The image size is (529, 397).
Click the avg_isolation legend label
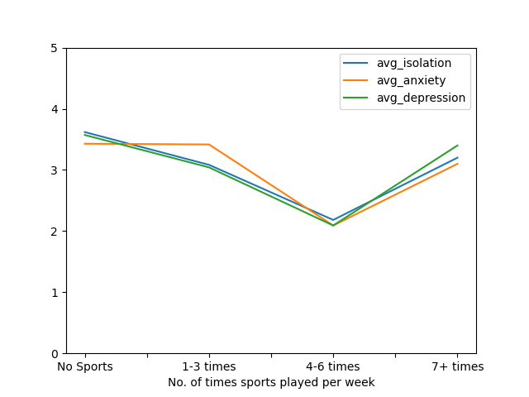tap(414, 63)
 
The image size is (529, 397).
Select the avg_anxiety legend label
tap(412, 80)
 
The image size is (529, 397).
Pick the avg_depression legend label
tap(421, 98)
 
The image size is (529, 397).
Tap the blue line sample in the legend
tap(355, 63)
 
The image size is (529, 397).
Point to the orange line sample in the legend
tap(355, 80)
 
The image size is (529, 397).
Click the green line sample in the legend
tap(355, 98)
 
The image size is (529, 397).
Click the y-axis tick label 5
tap(55, 48)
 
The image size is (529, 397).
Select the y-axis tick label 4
tap(55, 109)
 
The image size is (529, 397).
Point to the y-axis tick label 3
tap(55, 170)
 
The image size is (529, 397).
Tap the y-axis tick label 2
tap(55, 232)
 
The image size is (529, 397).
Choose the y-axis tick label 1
tap(55, 293)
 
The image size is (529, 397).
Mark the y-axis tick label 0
tap(55, 354)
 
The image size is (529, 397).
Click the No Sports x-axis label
tap(85, 366)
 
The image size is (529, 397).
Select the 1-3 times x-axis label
tap(209, 366)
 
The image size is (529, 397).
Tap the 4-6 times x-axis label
tap(333, 366)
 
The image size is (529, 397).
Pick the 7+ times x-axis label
tap(457, 366)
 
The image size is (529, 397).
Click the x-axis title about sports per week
tap(271, 382)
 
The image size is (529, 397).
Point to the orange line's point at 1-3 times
tap(209, 145)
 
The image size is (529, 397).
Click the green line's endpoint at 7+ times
tap(457, 146)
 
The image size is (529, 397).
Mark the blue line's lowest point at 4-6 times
tap(333, 220)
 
